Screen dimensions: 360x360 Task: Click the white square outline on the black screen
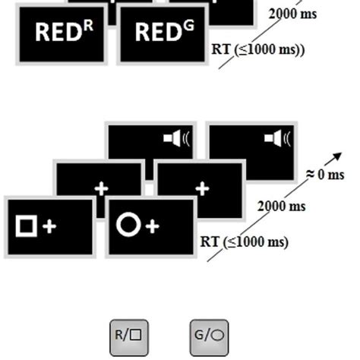27,226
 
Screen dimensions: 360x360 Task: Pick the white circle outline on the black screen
128,225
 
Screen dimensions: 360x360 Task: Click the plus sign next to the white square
49,226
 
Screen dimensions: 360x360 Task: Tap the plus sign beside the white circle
152,226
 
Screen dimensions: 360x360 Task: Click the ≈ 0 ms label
325,175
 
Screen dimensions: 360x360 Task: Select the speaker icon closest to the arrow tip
279,138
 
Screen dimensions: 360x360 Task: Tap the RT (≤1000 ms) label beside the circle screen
245,242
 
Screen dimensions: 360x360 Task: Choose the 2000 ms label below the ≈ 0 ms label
282,206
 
